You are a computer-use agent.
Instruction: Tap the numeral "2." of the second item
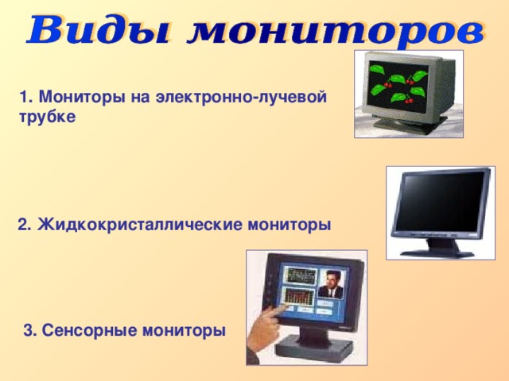pos(25,225)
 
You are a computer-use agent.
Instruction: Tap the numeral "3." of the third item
pos(30,330)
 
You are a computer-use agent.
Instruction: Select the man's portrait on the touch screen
pos(329,283)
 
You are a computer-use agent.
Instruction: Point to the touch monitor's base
pos(318,348)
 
